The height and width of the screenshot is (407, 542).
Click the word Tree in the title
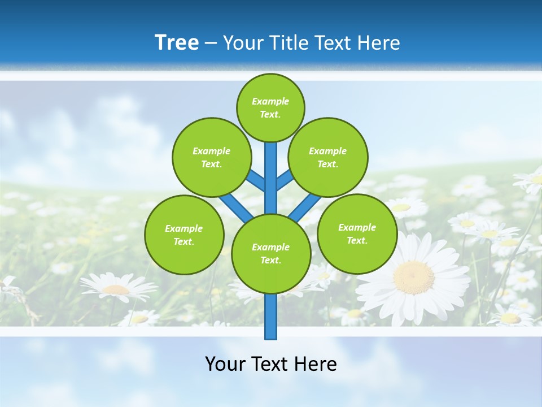(177, 42)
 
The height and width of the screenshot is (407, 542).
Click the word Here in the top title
(379, 43)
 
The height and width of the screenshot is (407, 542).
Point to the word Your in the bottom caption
(225, 363)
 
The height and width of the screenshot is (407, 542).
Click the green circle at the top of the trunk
(270, 107)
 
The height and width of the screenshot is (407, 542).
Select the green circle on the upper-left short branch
(212, 157)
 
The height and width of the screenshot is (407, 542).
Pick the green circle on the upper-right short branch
(328, 157)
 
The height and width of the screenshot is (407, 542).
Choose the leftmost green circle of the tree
(184, 235)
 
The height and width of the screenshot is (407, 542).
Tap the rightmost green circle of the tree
(357, 233)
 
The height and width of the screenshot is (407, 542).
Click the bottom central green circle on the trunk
(271, 254)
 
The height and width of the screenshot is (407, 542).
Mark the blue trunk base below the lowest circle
(271, 317)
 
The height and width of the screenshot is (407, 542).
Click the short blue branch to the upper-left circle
(256, 181)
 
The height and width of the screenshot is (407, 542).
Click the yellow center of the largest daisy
(414, 276)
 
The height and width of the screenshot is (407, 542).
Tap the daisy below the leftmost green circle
(118, 288)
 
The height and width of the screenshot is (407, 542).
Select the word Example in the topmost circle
(270, 101)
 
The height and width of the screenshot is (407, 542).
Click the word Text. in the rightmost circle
(357, 240)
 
